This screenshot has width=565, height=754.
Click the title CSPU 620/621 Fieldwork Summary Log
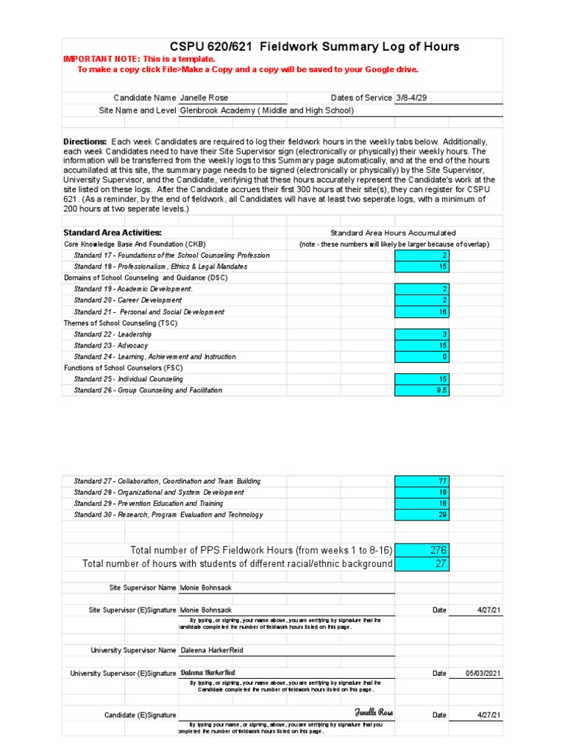coord(314,46)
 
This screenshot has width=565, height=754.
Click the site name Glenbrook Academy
coord(267,110)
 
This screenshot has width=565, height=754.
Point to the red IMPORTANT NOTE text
coord(139,58)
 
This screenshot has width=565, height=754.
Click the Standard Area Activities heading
coord(113,233)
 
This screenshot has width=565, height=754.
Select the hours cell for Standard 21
coord(422,311)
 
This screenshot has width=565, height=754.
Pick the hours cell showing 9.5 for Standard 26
coord(422,390)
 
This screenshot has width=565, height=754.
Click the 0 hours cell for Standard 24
coord(422,356)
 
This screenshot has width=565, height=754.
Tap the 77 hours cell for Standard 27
coord(422,481)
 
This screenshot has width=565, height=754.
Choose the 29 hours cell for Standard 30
coord(422,515)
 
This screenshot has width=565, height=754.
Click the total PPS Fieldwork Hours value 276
coord(422,550)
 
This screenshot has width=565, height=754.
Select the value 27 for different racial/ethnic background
coord(422,564)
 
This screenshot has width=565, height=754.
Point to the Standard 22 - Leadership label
coord(113,334)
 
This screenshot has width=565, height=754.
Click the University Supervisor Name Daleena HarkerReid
coord(211,650)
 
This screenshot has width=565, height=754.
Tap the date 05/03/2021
coord(484,673)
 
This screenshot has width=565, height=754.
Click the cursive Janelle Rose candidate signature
coord(374,713)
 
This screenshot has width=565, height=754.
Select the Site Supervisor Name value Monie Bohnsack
coord(205,588)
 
